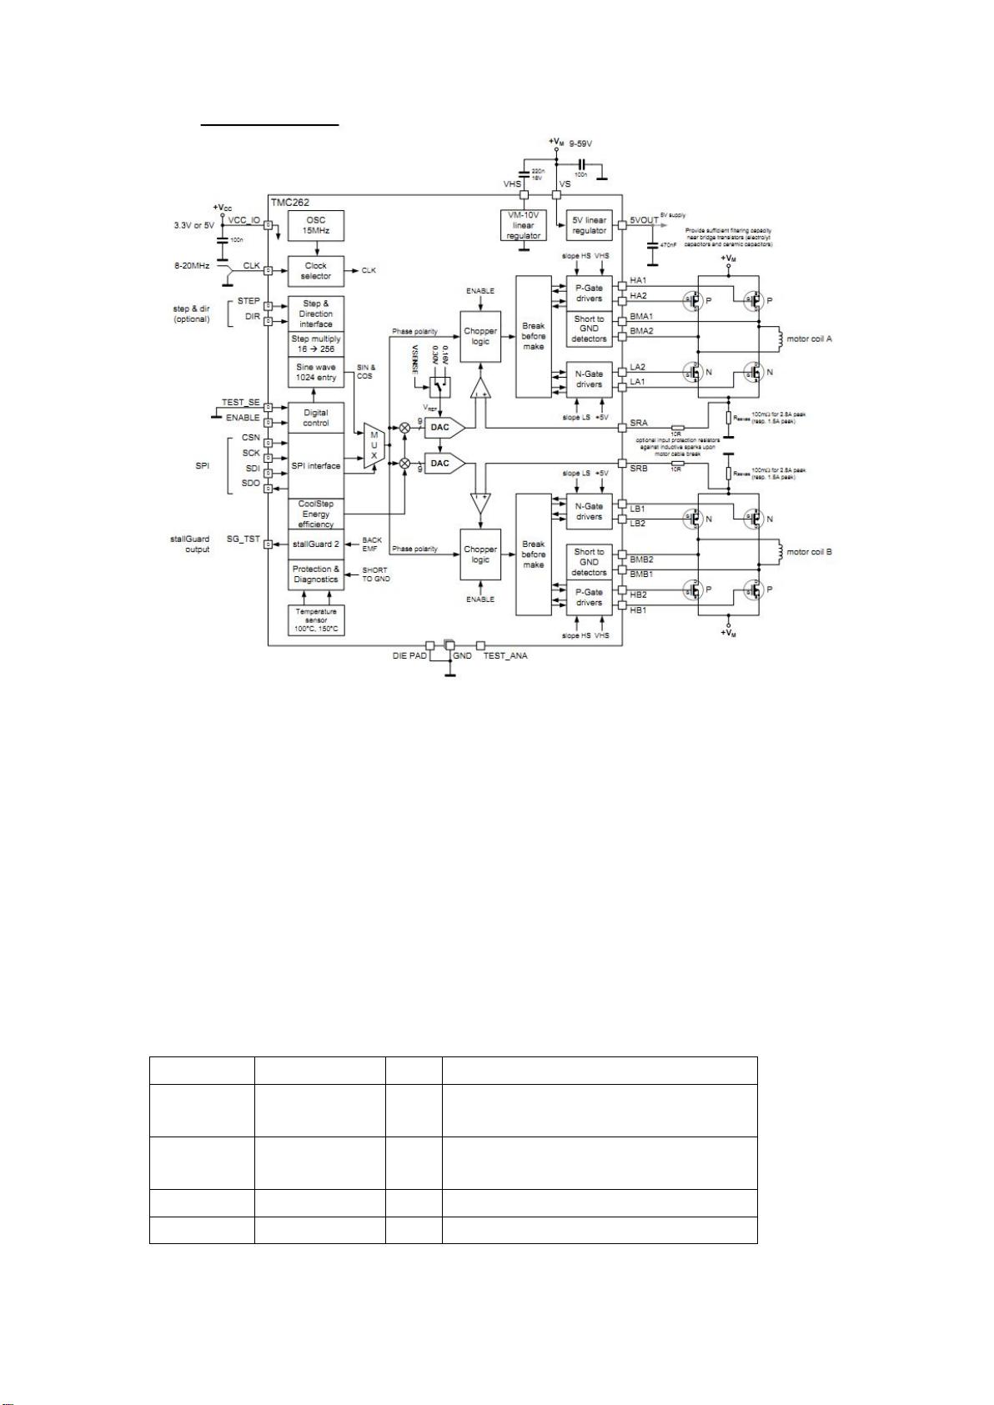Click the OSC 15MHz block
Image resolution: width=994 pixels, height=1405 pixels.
click(x=315, y=225)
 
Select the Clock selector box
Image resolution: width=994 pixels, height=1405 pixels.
click(x=315, y=271)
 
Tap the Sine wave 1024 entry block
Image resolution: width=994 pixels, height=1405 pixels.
click(x=315, y=373)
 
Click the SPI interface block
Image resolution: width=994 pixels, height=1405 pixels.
click(x=315, y=466)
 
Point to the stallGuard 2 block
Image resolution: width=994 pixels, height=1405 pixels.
click(x=315, y=544)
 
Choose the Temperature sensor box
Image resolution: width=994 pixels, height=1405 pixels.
click(x=315, y=620)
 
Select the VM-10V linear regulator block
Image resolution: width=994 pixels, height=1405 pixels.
click(x=524, y=226)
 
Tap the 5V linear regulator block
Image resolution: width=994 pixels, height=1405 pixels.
click(x=589, y=225)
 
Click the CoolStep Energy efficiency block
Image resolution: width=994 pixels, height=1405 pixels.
click(x=315, y=514)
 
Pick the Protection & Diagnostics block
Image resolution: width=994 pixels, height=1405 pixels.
click(x=315, y=574)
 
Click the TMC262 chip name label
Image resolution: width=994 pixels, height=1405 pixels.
click(x=290, y=203)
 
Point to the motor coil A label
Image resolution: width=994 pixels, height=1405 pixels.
click(x=810, y=339)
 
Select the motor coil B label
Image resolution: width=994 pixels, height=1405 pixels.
click(x=810, y=552)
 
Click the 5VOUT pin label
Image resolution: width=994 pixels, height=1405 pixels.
click(x=644, y=221)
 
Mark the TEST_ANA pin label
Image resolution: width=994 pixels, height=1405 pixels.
click(x=505, y=656)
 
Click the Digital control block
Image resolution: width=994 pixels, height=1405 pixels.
click(x=315, y=418)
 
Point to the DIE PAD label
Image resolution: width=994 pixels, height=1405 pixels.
click(x=409, y=656)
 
